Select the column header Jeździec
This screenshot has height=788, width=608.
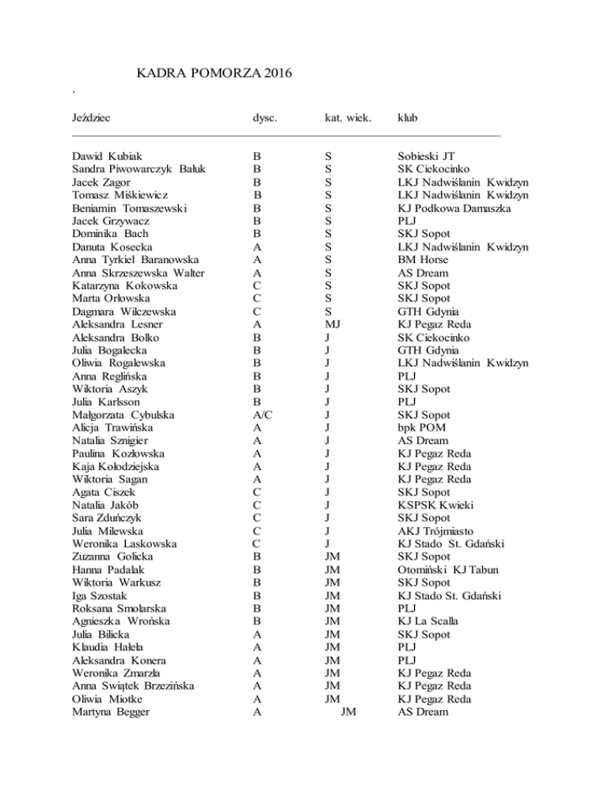click(x=90, y=119)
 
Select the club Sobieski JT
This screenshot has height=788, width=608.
click(x=426, y=157)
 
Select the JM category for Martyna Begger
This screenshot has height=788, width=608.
click(x=347, y=711)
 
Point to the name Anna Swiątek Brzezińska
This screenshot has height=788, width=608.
click(x=138, y=686)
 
